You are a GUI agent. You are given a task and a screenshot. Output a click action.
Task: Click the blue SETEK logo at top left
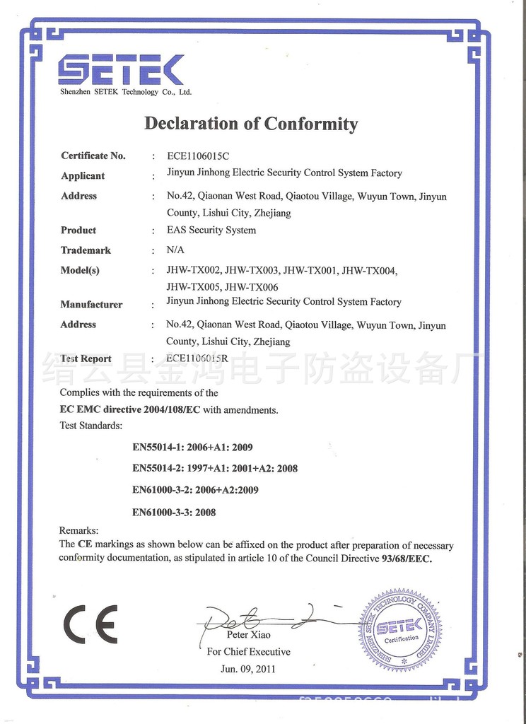click(x=121, y=70)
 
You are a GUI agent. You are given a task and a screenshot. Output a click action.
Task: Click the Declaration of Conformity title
click(x=251, y=124)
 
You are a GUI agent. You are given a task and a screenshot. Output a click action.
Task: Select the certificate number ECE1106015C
click(x=199, y=156)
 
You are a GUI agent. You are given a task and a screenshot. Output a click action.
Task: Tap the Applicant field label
click(x=83, y=176)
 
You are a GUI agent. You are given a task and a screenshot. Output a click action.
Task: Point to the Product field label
click(x=78, y=230)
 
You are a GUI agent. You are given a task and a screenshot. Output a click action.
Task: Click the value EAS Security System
click(x=211, y=230)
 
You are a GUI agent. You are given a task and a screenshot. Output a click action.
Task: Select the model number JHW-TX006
click(x=252, y=287)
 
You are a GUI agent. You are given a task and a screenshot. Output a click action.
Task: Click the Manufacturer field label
click(x=91, y=305)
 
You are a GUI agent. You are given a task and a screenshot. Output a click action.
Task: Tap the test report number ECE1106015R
click(x=197, y=358)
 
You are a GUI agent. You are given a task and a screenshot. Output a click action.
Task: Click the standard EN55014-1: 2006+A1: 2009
click(x=192, y=447)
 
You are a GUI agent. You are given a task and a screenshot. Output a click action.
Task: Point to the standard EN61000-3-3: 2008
click(x=174, y=512)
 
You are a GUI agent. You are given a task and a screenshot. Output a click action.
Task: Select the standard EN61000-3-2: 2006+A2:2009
click(x=195, y=490)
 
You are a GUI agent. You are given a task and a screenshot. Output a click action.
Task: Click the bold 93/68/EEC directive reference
click(x=405, y=559)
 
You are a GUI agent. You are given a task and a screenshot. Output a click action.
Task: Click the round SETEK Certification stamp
click(x=399, y=629)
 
